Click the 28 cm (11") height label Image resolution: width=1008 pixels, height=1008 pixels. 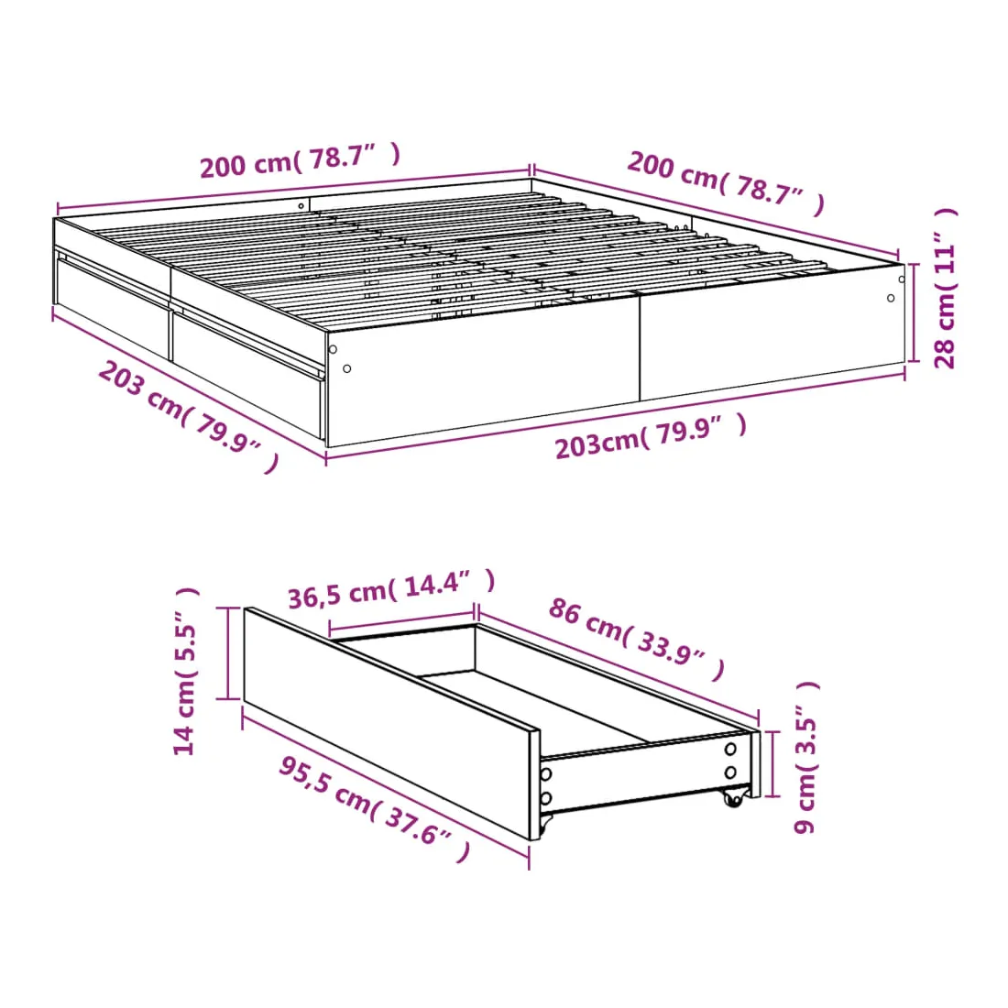coord(945,288)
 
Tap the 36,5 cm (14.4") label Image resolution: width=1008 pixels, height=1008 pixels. coord(391,589)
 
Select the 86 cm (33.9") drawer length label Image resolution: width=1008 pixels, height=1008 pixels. coord(637,639)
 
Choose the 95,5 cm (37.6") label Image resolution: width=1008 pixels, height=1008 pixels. coord(375,809)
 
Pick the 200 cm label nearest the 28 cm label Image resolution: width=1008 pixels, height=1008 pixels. coord(726,182)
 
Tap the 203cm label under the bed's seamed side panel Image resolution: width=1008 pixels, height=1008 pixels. coord(651,436)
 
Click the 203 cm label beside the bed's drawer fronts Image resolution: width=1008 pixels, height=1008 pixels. coord(188,416)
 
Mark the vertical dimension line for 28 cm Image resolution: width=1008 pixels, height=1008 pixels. coord(913,313)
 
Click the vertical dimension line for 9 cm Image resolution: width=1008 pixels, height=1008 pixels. coord(774,763)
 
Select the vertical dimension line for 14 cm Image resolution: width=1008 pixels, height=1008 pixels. coord(228,652)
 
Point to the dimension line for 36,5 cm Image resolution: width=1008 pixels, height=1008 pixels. coord(401,619)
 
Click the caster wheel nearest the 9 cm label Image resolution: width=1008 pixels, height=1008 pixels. coord(733,797)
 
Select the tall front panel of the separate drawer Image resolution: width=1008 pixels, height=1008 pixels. coord(391,723)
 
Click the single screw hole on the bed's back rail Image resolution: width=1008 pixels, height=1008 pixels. coord(301,206)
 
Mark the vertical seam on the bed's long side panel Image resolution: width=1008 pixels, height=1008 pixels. coord(640,348)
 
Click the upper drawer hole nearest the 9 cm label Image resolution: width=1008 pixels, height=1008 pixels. coord(730,749)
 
